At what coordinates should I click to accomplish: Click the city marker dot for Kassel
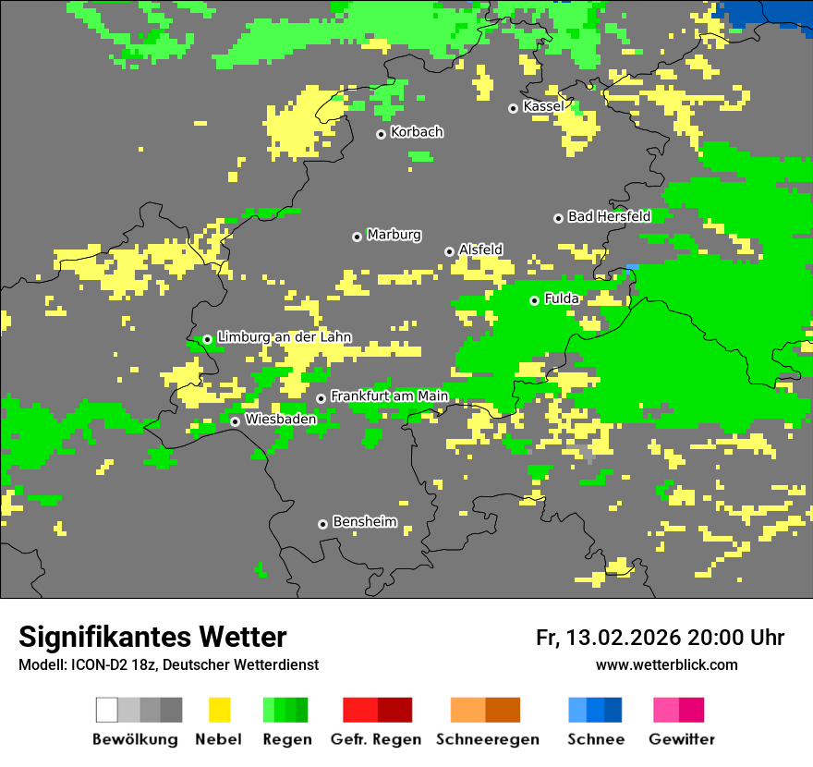[513, 108]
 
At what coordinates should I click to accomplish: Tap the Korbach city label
[417, 132]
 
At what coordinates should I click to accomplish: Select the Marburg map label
[394, 235]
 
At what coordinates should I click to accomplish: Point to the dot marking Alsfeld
[449, 251]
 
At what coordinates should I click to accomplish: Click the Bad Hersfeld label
[609, 216]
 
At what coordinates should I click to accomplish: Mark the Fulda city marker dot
[534, 300]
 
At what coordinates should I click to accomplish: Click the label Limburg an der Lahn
[284, 337]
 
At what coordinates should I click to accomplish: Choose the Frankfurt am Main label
[389, 396]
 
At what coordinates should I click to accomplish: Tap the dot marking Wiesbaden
[236, 421]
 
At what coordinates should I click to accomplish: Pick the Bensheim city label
[364, 522]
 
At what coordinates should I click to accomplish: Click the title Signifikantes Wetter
[152, 637]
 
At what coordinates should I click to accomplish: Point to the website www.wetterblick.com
[666, 665]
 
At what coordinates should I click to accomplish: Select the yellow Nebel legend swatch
[219, 710]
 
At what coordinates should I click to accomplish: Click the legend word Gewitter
[682, 739]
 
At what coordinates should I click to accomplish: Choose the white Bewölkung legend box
[107, 710]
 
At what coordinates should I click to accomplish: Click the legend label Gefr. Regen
[376, 739]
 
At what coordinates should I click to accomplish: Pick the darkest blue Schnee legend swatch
[613, 710]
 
